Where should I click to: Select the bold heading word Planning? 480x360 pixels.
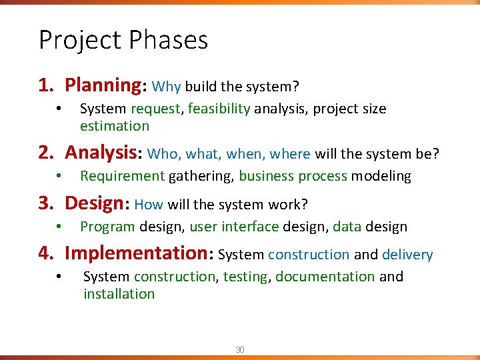point(102,85)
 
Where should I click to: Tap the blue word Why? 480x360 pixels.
point(167,87)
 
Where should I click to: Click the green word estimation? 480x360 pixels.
point(115,126)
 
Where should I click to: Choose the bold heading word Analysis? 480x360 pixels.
point(100,153)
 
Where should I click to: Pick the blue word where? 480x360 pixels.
point(290,154)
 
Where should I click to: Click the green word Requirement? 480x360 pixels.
point(122,177)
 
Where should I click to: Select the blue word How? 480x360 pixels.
point(148,205)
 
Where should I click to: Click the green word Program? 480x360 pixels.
point(107,227)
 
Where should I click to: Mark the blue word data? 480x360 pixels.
point(347,227)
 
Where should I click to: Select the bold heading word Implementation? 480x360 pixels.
point(136,253)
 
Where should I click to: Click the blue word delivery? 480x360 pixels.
point(407,255)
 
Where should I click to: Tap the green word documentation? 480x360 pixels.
point(325,277)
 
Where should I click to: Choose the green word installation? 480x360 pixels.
point(119,294)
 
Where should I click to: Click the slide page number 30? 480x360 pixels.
point(239,349)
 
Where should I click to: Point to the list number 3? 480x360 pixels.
point(44,203)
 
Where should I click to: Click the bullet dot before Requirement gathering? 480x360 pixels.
point(59,177)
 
